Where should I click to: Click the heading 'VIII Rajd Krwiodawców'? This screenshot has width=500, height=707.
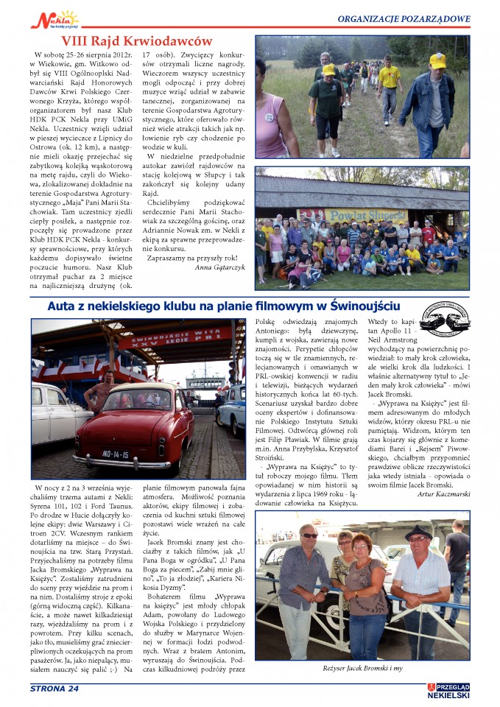click(136, 41)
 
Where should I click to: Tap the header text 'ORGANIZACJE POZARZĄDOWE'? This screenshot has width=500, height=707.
click(404, 18)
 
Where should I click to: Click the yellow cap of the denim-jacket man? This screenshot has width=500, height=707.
click(438, 60)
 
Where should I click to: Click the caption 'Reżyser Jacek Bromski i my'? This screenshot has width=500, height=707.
click(362, 668)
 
